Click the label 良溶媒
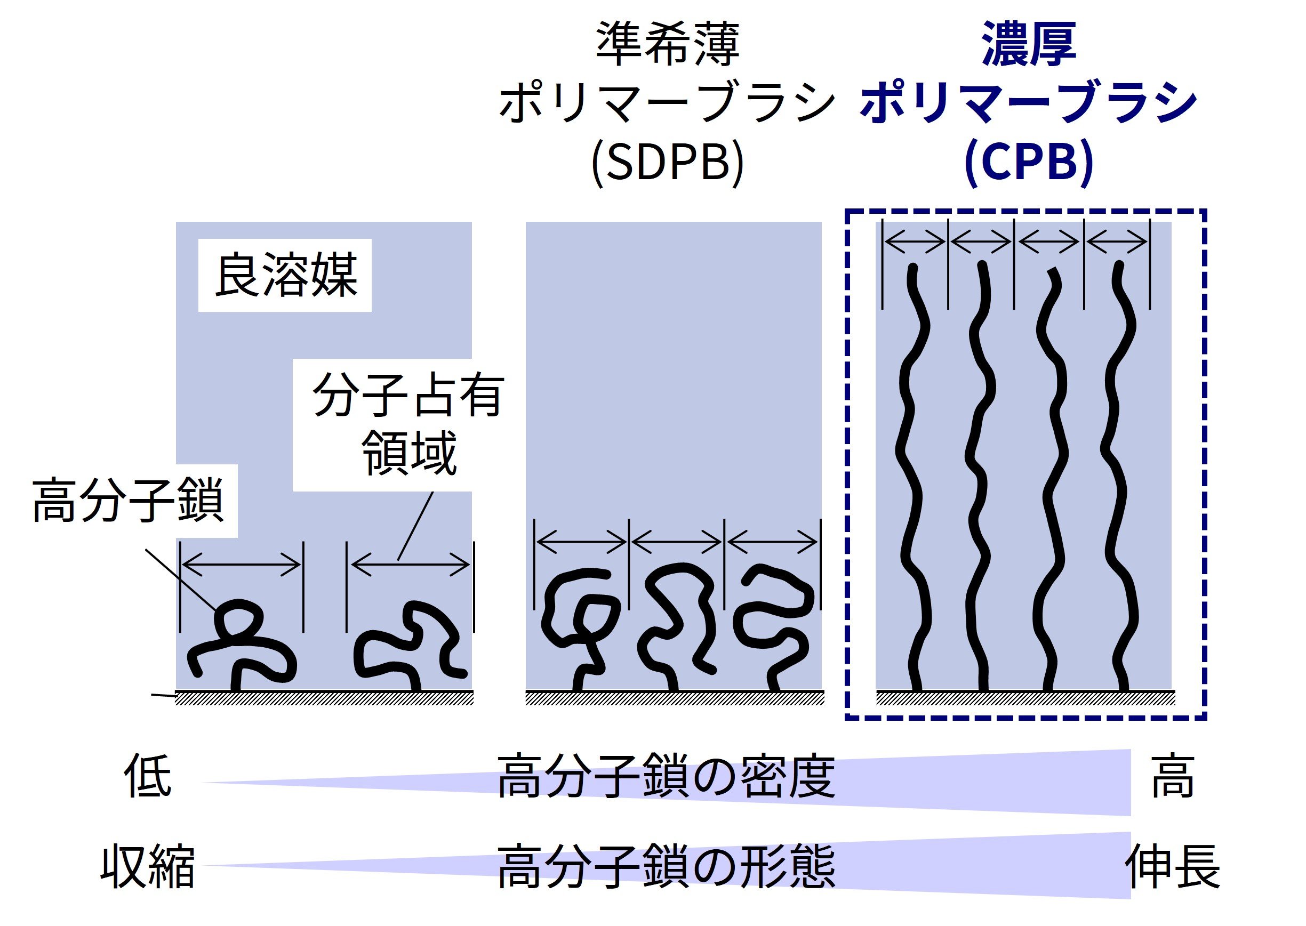[x=285, y=276]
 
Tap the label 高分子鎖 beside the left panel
[x=128, y=501]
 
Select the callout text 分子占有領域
[x=408, y=424]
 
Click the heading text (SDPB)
[x=667, y=162]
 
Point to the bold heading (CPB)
[x=1028, y=162]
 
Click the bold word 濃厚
[x=1028, y=44]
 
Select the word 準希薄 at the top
[x=667, y=44]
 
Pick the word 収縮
[x=147, y=867]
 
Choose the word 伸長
[x=1172, y=867]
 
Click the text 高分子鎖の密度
[x=666, y=777]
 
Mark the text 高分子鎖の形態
[x=666, y=867]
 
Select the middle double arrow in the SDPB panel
[x=676, y=542]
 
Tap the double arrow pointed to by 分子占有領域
[x=410, y=565]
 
